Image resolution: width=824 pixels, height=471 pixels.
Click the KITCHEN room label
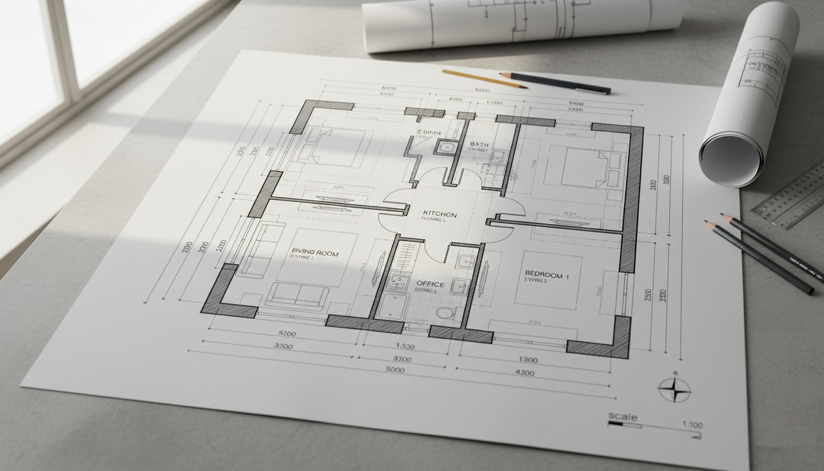point(440,214)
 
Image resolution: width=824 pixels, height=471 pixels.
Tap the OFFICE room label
point(430,284)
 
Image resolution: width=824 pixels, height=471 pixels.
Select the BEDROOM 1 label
point(547,275)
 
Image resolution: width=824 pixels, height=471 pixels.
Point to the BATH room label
point(478,145)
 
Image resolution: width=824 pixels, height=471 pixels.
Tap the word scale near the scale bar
point(622,417)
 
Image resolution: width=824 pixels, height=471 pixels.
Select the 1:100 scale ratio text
point(692,425)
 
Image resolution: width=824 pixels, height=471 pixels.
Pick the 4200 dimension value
point(525,372)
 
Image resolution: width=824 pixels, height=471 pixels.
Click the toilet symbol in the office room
point(445,313)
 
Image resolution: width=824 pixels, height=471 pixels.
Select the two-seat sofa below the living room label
point(297,295)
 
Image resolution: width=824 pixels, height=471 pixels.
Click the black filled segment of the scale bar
point(616,423)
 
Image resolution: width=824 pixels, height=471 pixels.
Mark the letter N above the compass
point(675,373)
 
